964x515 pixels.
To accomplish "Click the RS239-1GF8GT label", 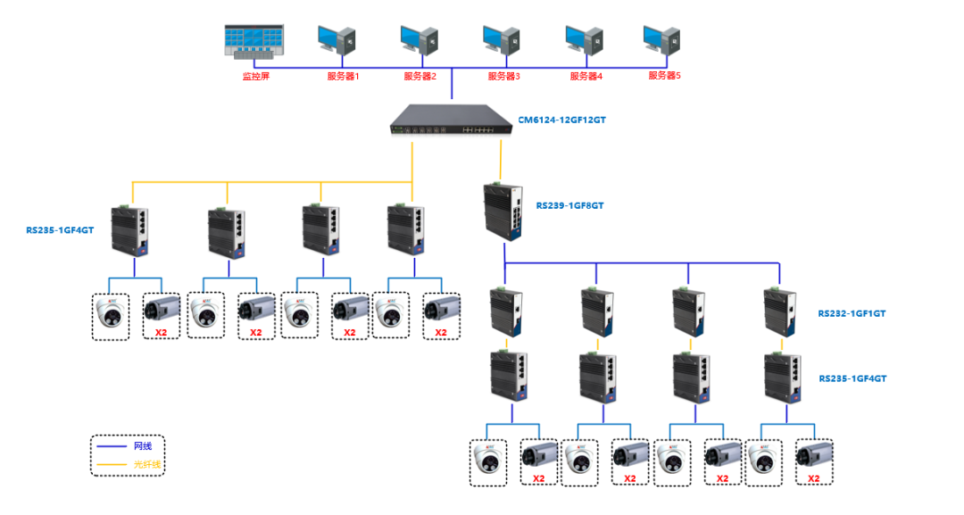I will click(x=569, y=205).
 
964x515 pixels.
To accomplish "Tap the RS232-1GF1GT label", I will click(x=852, y=314).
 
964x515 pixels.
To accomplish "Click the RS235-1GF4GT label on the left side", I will click(x=60, y=230).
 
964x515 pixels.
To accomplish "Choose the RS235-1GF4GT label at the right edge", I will click(x=852, y=378).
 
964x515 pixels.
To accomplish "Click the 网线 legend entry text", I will click(x=144, y=445).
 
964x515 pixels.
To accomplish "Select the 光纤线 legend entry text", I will click(x=146, y=464).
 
